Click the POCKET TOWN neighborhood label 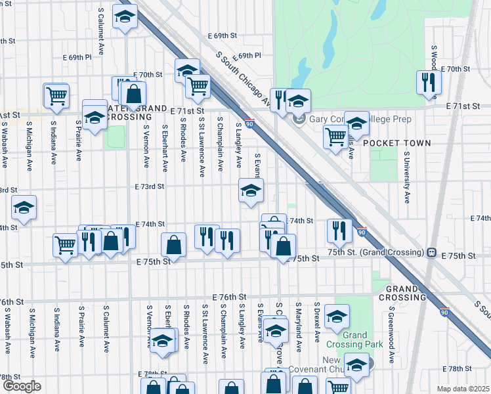click(x=396, y=142)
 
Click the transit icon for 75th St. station click(x=432, y=252)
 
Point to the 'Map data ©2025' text click(x=463, y=389)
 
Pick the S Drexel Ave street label click(x=316, y=322)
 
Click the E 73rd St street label click(x=150, y=186)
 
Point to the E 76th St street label click(x=228, y=297)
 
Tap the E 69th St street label click(x=222, y=35)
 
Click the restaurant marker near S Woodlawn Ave click(x=429, y=82)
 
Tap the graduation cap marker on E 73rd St click(x=250, y=191)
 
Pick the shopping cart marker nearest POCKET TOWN click(x=335, y=137)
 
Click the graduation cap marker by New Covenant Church click(x=357, y=365)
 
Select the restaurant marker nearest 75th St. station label click(x=339, y=229)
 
